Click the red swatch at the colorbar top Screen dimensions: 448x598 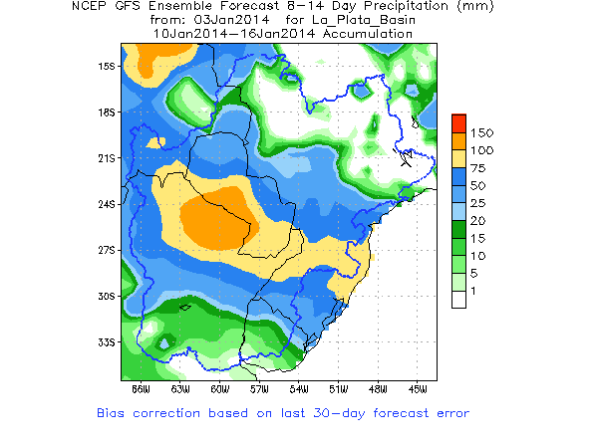(x=458, y=122)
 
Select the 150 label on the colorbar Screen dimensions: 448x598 (x=481, y=132)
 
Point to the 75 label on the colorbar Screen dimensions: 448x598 (x=477, y=167)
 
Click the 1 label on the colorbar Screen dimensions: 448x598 (x=473, y=290)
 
